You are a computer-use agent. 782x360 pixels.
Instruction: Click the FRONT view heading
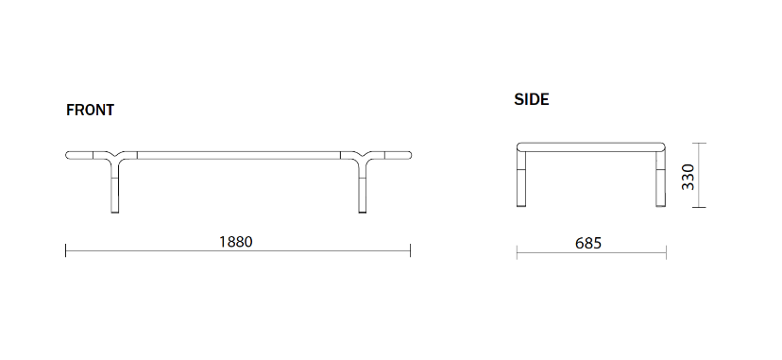click(x=90, y=110)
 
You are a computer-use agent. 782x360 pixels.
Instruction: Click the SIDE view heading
click(x=532, y=99)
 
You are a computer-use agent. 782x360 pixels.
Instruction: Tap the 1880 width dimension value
click(x=236, y=241)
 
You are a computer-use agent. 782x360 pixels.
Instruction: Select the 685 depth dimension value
click(x=588, y=243)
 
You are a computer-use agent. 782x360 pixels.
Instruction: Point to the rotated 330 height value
click(x=688, y=177)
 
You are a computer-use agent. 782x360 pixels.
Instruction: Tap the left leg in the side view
click(x=521, y=179)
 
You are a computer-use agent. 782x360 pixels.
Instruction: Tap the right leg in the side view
click(x=660, y=179)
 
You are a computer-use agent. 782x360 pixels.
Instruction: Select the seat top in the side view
click(x=591, y=147)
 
